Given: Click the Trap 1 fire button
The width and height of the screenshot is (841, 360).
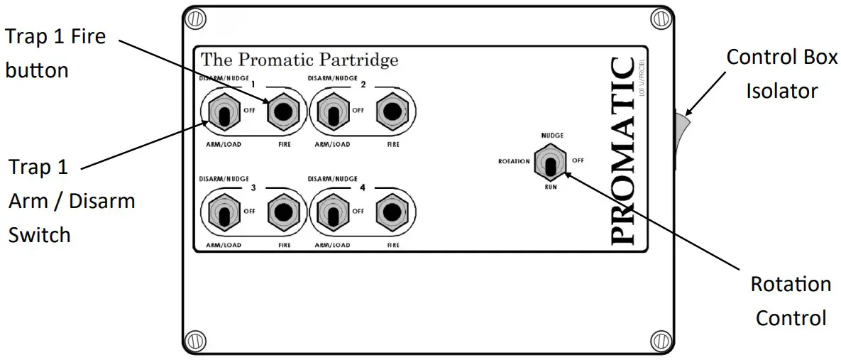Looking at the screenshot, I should click(x=283, y=111).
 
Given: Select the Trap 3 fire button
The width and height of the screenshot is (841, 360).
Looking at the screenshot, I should click(x=283, y=212).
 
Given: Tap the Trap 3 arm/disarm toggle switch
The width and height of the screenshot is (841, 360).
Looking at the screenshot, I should click(x=223, y=213).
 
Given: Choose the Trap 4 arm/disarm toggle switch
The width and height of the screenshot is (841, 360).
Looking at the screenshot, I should click(x=331, y=213).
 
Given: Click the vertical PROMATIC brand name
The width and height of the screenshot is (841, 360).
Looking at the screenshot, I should click(x=622, y=149).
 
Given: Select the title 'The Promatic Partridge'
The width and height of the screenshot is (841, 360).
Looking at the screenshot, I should click(x=299, y=60).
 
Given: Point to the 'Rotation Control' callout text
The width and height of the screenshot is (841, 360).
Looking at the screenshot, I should click(x=790, y=300).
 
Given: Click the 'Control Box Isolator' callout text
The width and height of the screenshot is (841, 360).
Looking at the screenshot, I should click(x=781, y=74).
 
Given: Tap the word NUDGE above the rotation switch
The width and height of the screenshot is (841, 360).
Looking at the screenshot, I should click(x=551, y=134).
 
